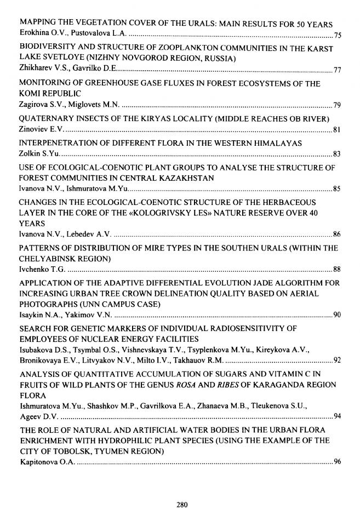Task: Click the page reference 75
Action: tap(338, 36)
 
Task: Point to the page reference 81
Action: tap(338, 130)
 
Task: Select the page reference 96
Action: tap(338, 461)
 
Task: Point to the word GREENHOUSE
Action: tap(117, 83)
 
